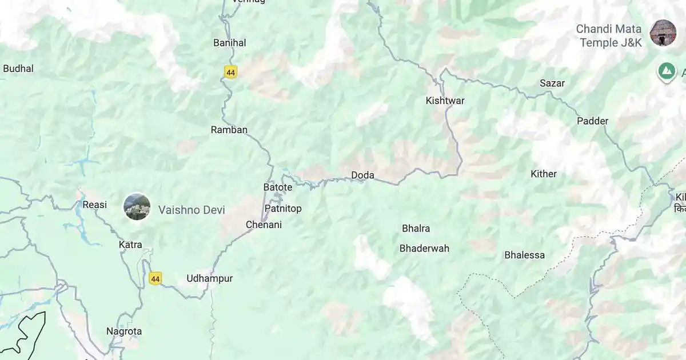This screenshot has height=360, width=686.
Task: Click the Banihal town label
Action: point(229,43)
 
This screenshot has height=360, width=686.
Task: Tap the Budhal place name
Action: point(18,69)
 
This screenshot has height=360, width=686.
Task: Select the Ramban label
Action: point(229,130)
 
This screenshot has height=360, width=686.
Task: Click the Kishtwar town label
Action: point(445,101)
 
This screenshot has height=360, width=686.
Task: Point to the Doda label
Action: point(362,175)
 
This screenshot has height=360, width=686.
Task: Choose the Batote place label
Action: point(278,187)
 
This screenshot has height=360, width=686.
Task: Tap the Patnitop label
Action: point(282,209)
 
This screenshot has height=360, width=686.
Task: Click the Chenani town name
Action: point(264,225)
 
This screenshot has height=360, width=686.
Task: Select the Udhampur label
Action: point(210,278)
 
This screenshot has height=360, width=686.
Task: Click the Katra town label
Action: point(130,245)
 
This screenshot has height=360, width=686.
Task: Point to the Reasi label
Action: point(94,205)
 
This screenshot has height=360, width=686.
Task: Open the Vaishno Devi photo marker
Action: point(137,207)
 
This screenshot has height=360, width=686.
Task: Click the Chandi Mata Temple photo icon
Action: point(663,33)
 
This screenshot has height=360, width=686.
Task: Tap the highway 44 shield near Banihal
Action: point(230,73)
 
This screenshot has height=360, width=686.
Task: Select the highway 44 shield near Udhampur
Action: point(155,278)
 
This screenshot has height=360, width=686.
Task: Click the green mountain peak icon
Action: point(665,71)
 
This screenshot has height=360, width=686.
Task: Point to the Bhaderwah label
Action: point(424,248)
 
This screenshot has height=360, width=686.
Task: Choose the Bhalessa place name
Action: point(524,255)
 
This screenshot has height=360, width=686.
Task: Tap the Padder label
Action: point(592,121)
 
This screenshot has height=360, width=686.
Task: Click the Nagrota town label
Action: point(124,331)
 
